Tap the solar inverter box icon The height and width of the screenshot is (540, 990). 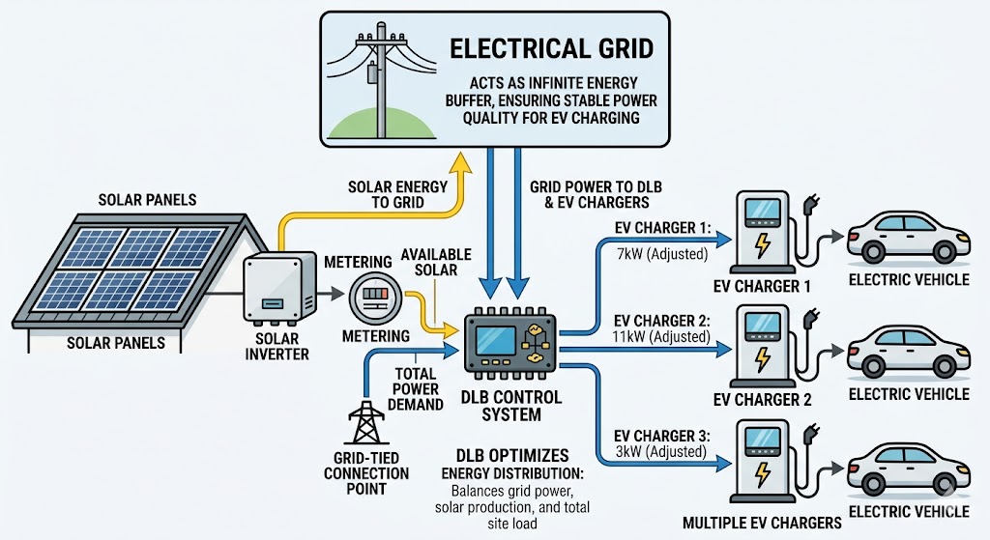pos(281,287)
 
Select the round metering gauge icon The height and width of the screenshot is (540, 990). pos(373,294)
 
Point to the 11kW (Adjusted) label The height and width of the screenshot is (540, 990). pos(661,336)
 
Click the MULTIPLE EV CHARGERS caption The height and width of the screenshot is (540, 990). pos(762,523)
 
